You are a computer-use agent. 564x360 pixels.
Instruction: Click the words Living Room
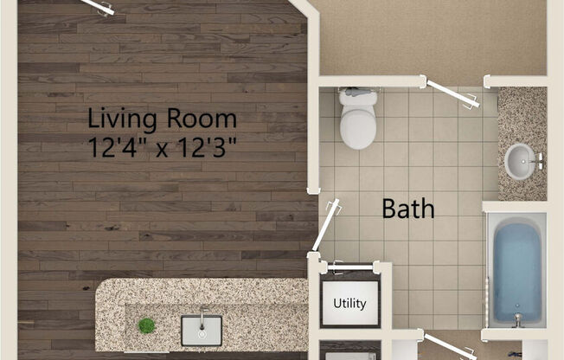[x=162, y=118]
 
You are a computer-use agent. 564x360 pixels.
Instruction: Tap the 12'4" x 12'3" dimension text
[x=162, y=146]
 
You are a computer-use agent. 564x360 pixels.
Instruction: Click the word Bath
[x=408, y=209]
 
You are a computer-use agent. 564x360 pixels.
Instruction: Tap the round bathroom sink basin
[x=519, y=161]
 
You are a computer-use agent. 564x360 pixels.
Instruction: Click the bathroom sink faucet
[x=537, y=161]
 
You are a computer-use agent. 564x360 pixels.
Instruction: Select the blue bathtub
[x=516, y=269]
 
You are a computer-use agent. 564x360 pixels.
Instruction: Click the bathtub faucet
[x=517, y=320]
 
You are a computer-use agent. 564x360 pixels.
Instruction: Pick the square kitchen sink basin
[x=202, y=330]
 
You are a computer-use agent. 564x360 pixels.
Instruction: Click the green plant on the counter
[x=147, y=326]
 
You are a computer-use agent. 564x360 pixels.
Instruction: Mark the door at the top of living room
[x=98, y=7]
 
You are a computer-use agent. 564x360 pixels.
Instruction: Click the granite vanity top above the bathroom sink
[x=521, y=113]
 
